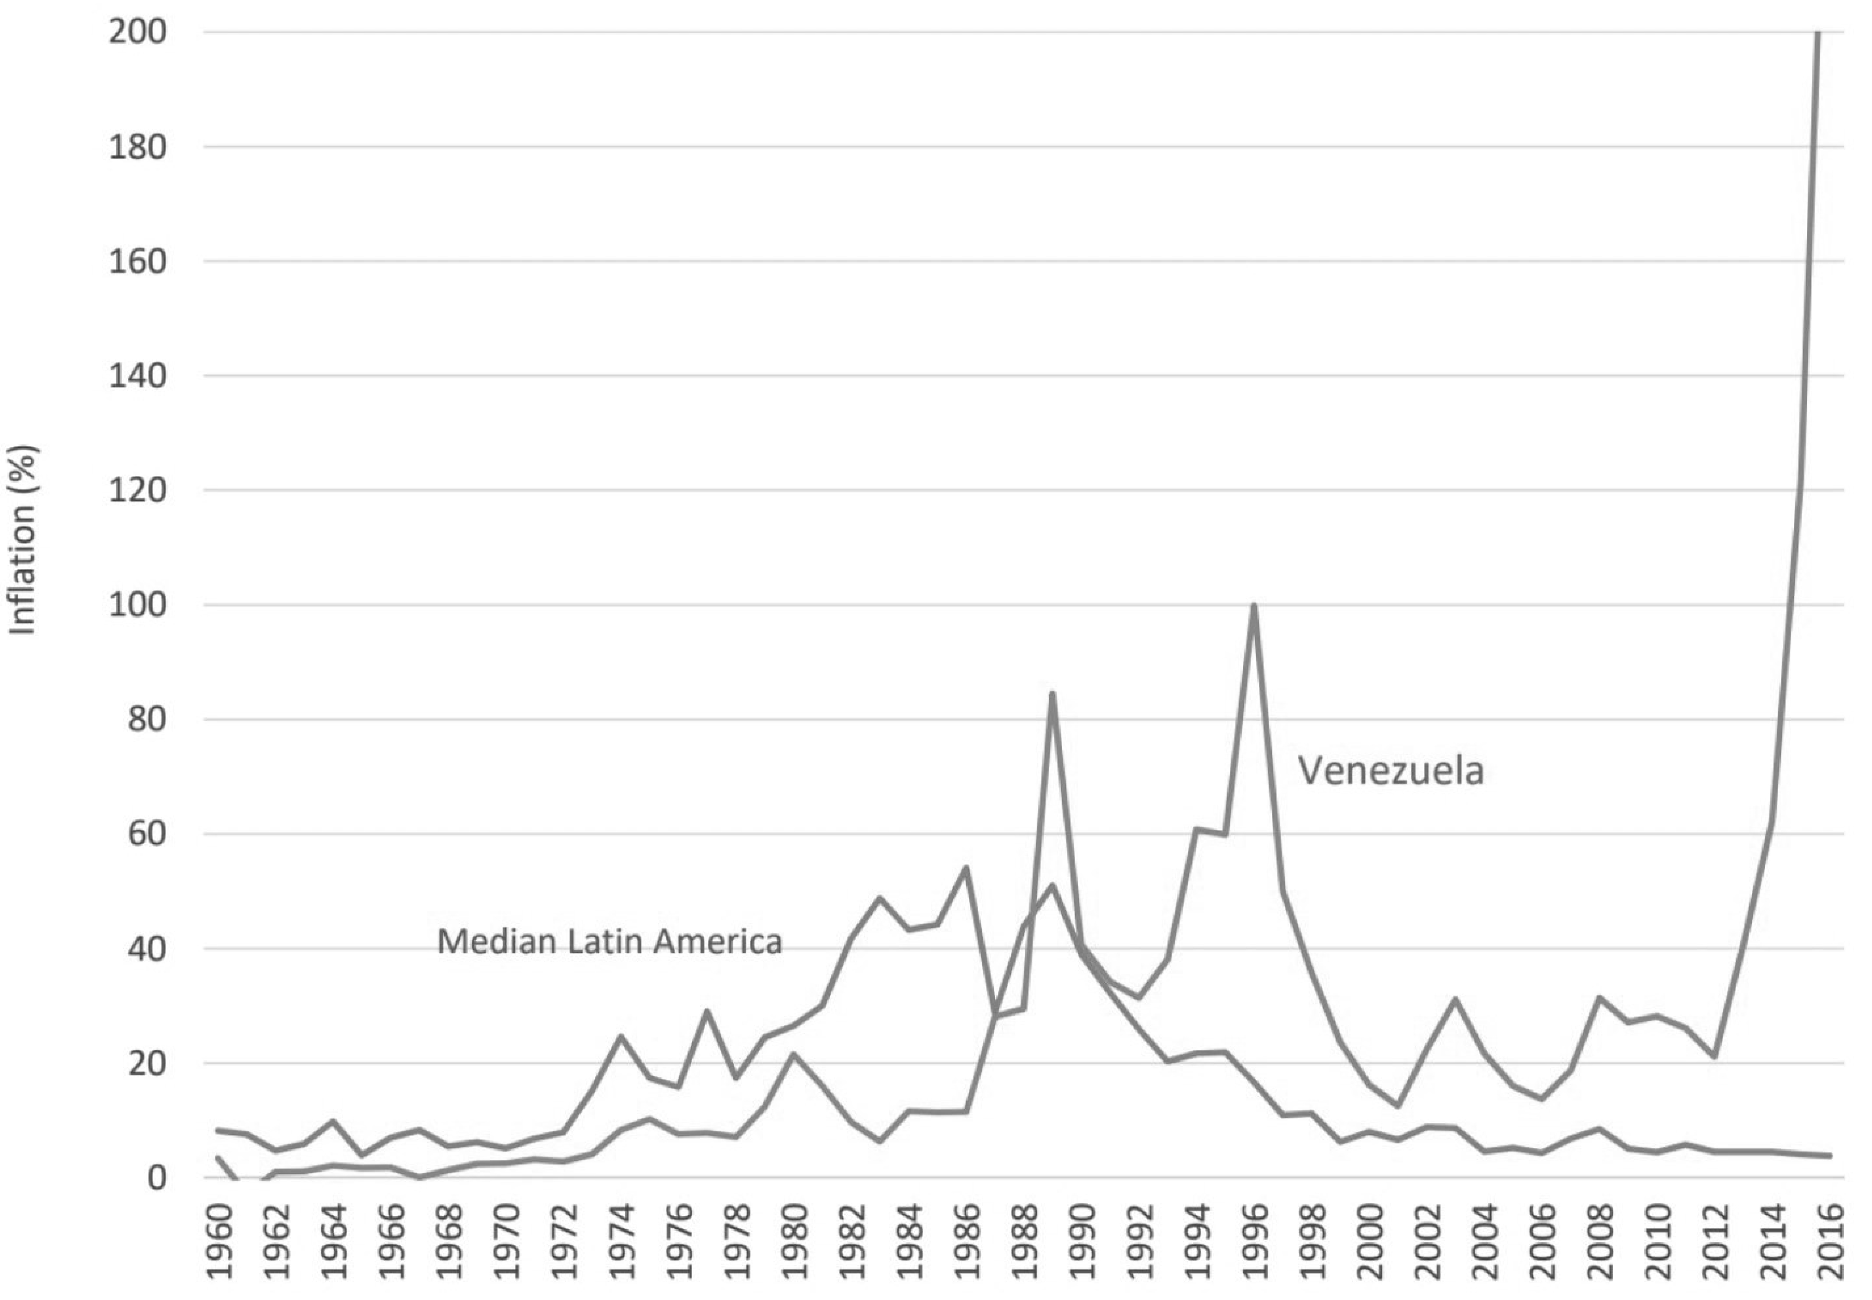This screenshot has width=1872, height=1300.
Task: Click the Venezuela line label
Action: tap(1391, 770)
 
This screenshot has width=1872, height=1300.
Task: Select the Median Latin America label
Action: tap(609, 942)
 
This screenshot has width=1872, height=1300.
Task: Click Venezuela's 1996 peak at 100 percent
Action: tap(1254, 605)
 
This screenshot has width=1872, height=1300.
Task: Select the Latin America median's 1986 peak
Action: tap(966, 868)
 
